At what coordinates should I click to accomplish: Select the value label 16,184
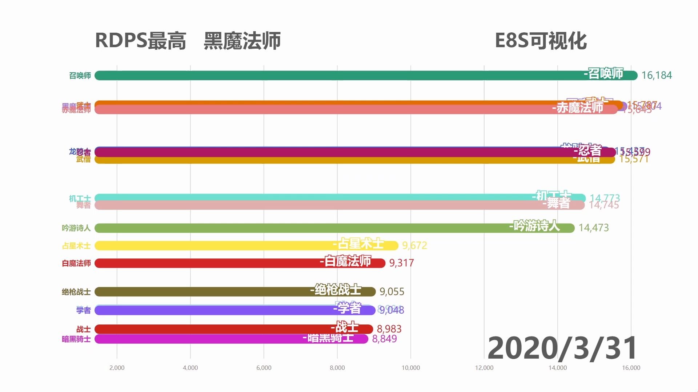656,75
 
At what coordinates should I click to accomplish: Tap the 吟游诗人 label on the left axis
76,228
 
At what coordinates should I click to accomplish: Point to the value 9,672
414,246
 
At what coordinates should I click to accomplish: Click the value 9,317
401,263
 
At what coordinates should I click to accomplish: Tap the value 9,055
392,292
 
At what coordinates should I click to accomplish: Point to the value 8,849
384,339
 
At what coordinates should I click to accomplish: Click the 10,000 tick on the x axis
410,368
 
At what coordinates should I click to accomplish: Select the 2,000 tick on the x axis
117,368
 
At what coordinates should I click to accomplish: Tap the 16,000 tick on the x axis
631,368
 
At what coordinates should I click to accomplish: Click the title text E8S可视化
541,41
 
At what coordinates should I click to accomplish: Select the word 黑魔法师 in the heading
242,41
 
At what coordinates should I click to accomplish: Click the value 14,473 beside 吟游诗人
593,228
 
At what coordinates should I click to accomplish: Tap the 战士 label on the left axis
83,329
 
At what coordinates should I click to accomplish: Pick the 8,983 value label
389,329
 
